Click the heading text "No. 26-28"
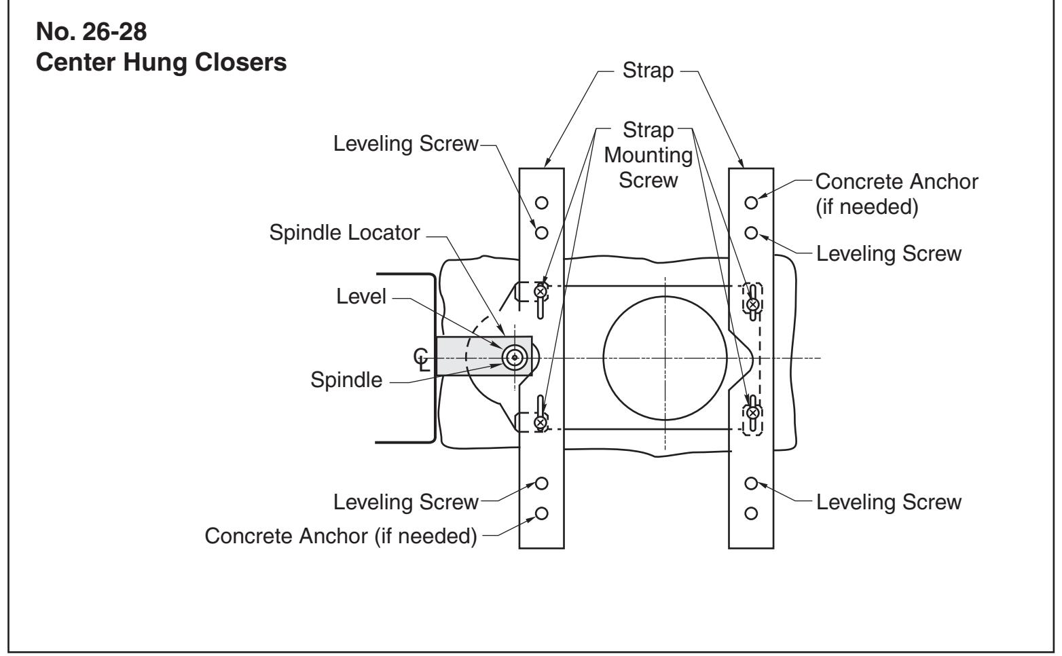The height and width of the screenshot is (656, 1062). point(91,32)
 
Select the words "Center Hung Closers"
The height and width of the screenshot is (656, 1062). point(161,62)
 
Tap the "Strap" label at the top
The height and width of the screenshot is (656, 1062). point(648,71)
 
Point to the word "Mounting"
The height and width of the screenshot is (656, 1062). point(648,155)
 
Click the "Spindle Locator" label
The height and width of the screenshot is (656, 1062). point(345,233)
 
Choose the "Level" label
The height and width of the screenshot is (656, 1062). point(361,297)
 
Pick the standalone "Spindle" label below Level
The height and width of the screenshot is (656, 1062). point(346,380)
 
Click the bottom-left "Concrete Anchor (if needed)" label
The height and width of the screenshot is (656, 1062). point(340,536)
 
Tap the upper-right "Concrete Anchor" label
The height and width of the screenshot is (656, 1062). point(896,181)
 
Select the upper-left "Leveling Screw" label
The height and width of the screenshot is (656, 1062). point(406,143)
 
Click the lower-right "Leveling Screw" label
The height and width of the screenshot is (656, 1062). point(888,502)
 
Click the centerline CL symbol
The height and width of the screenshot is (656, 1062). point(422,360)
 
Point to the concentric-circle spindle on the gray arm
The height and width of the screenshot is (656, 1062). point(515,358)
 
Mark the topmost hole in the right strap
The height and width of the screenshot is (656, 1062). point(751,203)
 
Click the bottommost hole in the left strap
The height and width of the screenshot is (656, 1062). point(541,513)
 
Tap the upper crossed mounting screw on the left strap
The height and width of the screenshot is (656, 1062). point(540,291)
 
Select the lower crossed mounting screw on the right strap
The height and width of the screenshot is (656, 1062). point(752,413)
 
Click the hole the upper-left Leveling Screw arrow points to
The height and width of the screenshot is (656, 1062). point(541,233)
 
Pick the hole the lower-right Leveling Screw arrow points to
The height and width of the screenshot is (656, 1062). point(751,484)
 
